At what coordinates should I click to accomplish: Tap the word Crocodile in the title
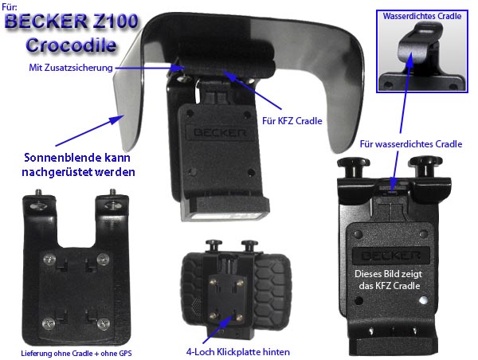[72, 45]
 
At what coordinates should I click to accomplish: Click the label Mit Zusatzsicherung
[71, 68]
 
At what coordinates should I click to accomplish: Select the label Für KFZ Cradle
[292, 121]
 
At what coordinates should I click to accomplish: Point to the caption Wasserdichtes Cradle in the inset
[422, 16]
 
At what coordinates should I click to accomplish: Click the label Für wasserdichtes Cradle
[411, 144]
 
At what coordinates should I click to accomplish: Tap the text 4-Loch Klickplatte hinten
[237, 352]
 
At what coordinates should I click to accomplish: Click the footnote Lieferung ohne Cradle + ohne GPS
[76, 354]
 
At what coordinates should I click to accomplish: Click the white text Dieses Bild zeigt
[389, 274]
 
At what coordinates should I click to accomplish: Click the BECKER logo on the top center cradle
[220, 132]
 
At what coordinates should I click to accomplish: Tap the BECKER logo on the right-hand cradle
[391, 256]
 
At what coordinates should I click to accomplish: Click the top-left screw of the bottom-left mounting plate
[49, 260]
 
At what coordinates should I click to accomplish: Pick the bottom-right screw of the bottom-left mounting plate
[104, 323]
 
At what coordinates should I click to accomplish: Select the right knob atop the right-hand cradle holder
[425, 166]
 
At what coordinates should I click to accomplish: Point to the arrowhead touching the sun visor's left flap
[117, 119]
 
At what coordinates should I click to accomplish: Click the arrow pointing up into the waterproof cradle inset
[406, 93]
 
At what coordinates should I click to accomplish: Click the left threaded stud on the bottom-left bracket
[38, 194]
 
